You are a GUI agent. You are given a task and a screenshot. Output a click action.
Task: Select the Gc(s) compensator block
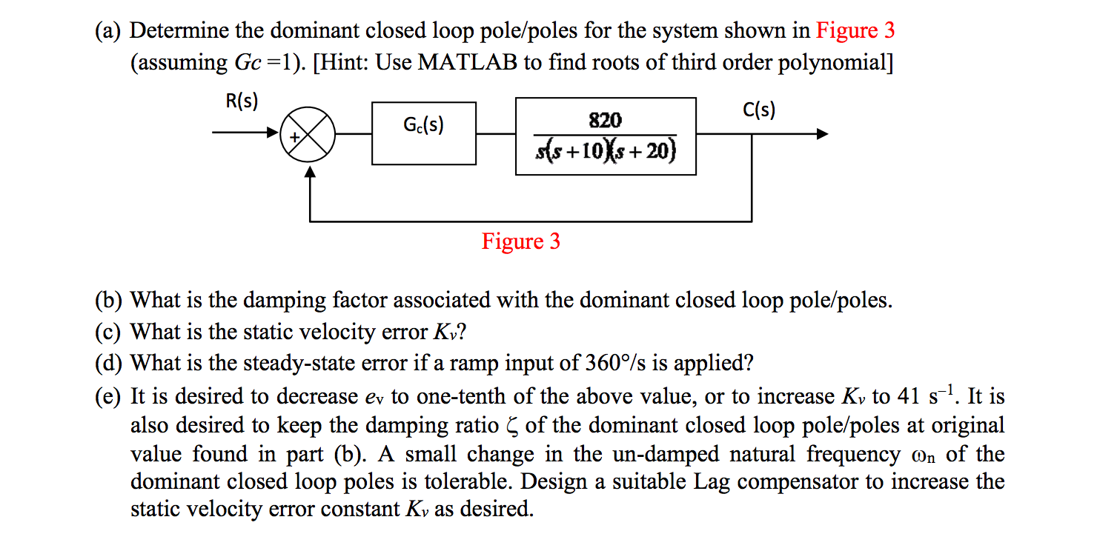(424, 133)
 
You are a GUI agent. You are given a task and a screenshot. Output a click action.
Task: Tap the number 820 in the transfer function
(606, 120)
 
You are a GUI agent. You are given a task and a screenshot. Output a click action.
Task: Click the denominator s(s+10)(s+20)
(606, 152)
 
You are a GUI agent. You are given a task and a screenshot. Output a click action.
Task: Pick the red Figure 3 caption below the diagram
(521, 241)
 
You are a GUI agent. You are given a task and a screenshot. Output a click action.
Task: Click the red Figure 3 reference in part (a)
(855, 30)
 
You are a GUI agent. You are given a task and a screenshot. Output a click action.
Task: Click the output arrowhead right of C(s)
(821, 134)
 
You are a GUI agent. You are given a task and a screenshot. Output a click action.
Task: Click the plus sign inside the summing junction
(294, 137)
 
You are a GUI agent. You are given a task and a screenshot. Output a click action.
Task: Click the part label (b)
(110, 301)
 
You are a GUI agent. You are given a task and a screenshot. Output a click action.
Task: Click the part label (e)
(110, 397)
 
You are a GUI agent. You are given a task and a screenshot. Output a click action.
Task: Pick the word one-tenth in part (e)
(463, 397)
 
